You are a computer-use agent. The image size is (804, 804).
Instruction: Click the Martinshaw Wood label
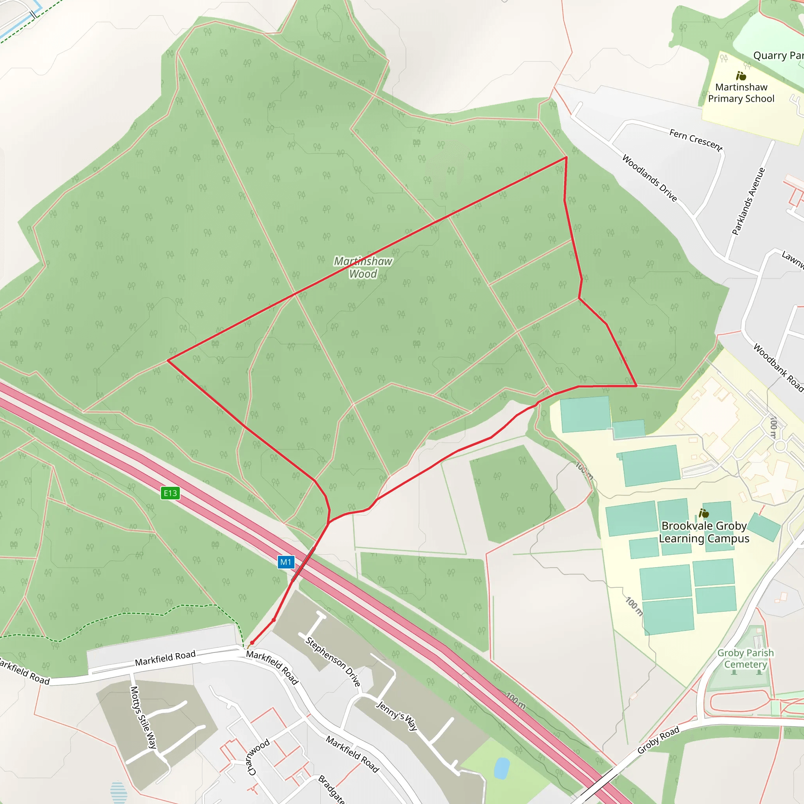[x=363, y=267]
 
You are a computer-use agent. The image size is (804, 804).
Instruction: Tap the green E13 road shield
[x=170, y=493]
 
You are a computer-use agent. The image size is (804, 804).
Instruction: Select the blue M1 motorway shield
[x=286, y=562]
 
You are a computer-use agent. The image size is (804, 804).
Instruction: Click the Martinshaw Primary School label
[x=741, y=93]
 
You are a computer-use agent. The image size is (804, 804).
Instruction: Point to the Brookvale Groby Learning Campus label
[x=704, y=532]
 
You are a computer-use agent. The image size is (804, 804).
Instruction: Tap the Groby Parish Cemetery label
[x=746, y=658]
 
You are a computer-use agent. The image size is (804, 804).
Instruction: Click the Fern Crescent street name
[x=695, y=139]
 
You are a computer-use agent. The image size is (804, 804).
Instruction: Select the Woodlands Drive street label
[x=649, y=178]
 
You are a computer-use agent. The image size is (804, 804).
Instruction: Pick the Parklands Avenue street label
[x=748, y=201]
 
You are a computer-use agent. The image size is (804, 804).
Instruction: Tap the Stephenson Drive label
[x=333, y=661]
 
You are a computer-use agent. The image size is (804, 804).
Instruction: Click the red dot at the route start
[x=252, y=643]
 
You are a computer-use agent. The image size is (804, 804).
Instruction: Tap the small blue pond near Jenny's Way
[x=501, y=768]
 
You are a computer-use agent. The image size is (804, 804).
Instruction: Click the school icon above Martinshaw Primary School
[x=741, y=76]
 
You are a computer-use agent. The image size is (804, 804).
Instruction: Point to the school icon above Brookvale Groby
[x=704, y=513]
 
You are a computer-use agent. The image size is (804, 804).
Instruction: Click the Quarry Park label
[x=778, y=55]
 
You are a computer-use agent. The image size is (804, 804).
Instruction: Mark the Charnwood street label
[x=258, y=757]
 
